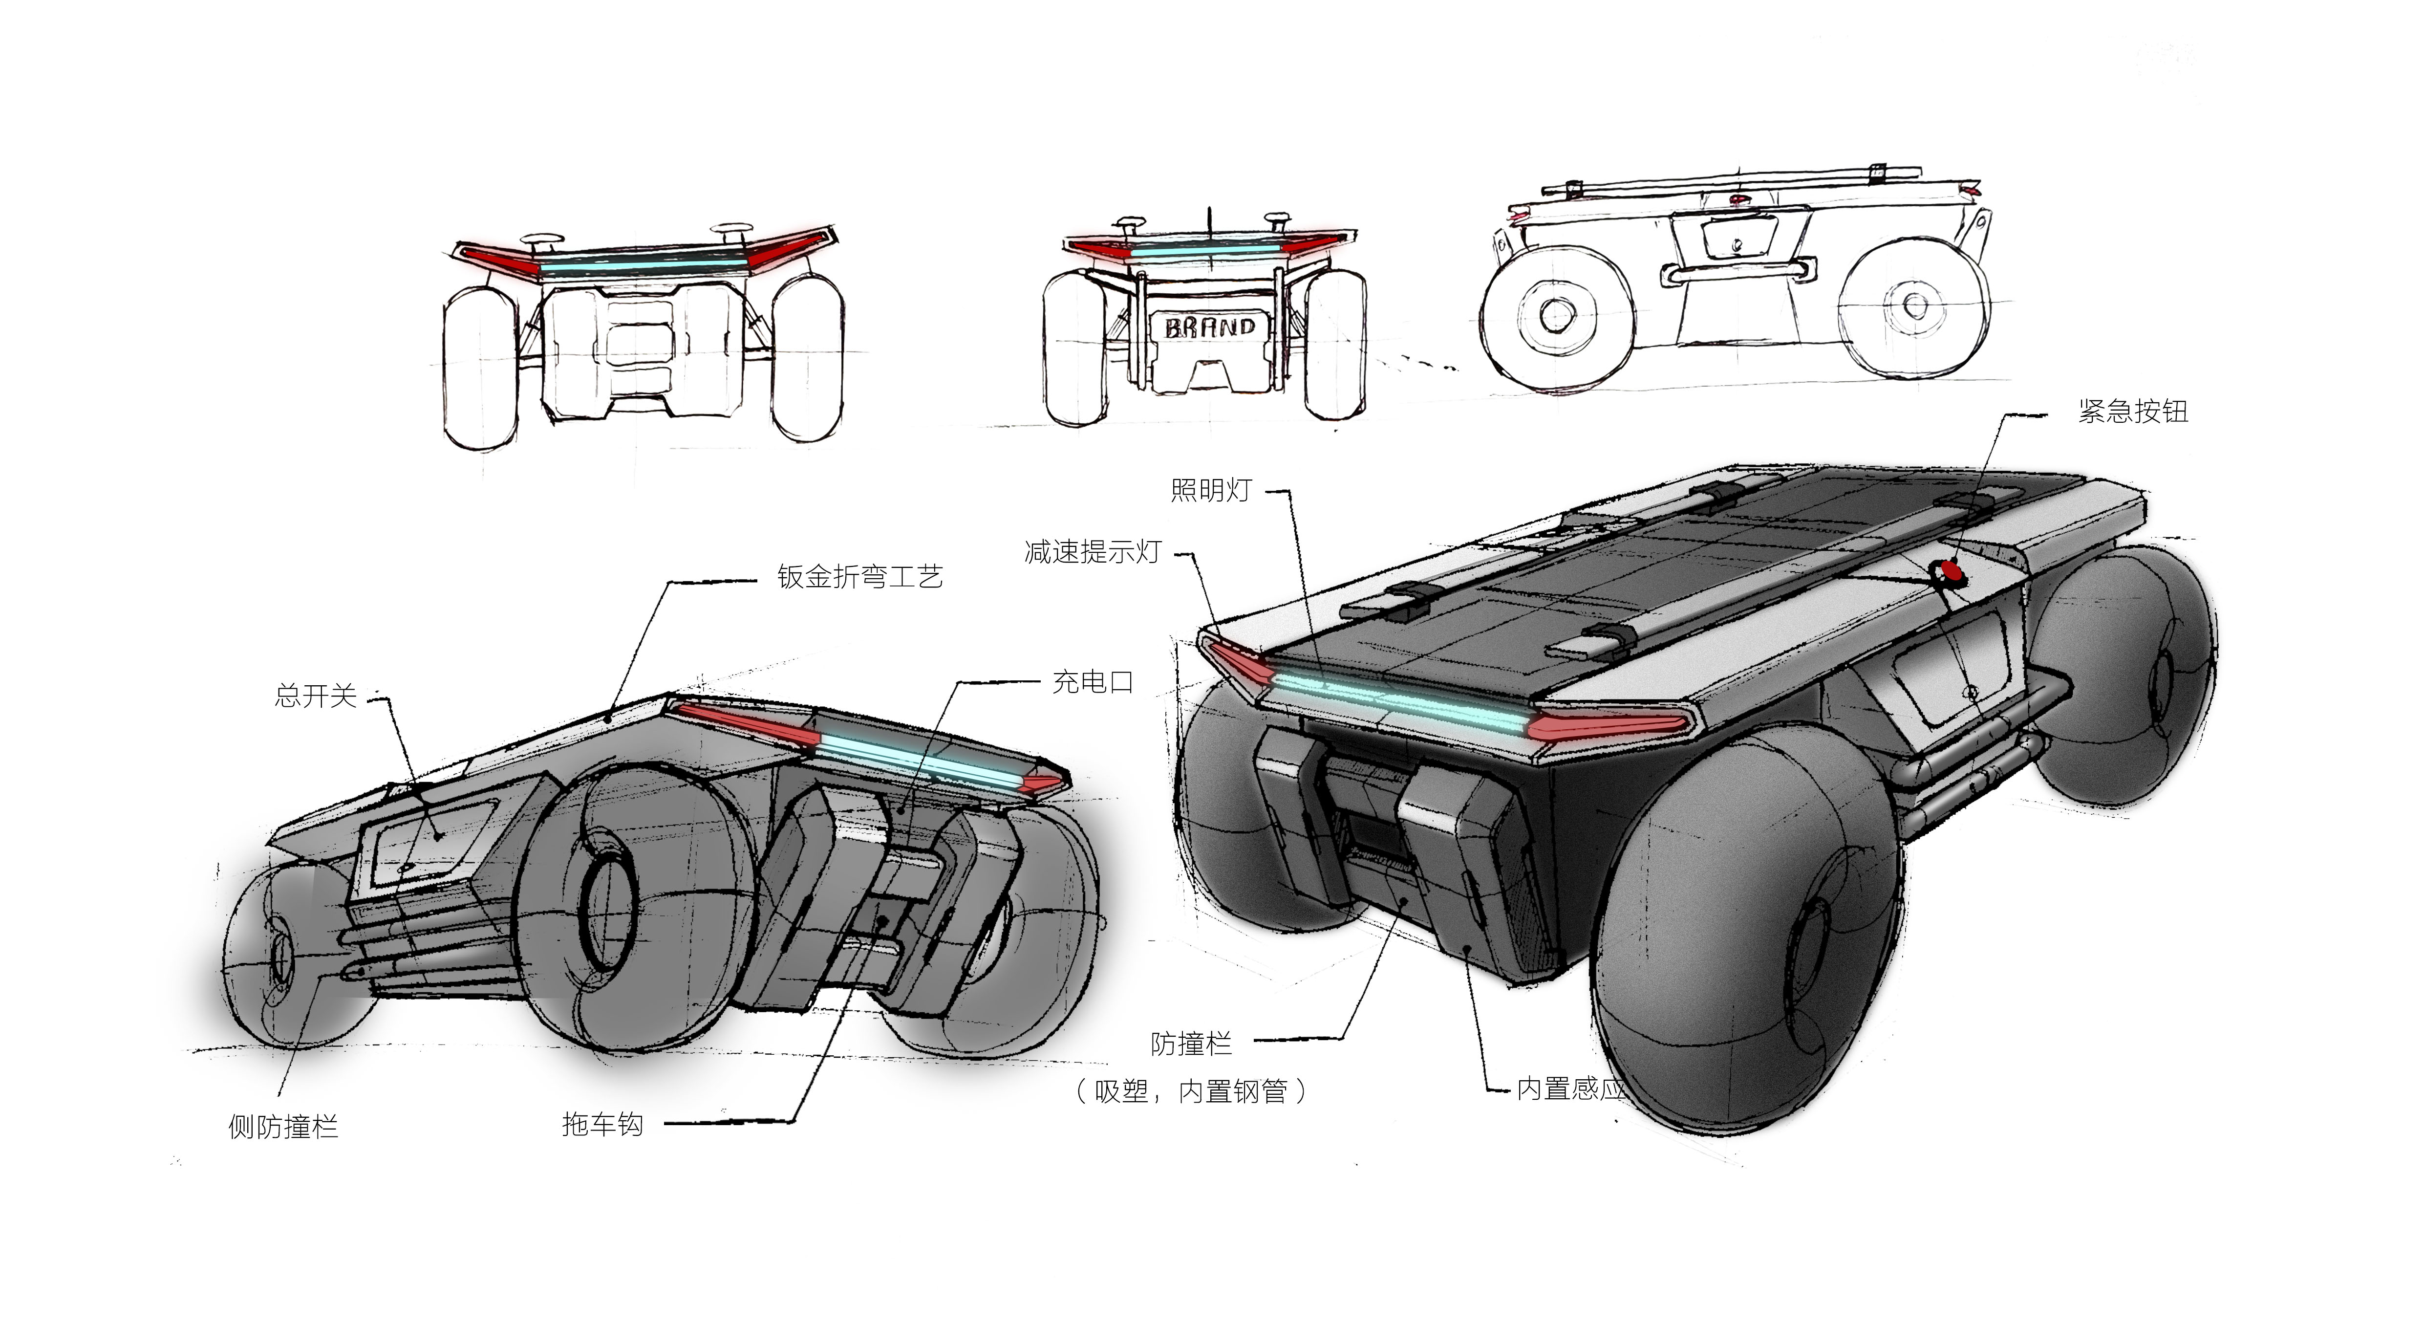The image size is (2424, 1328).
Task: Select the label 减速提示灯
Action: (x=1093, y=551)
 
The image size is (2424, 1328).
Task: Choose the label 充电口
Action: (x=1093, y=681)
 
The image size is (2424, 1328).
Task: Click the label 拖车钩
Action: (x=602, y=1124)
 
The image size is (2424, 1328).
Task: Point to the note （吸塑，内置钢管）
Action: (x=1191, y=1091)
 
